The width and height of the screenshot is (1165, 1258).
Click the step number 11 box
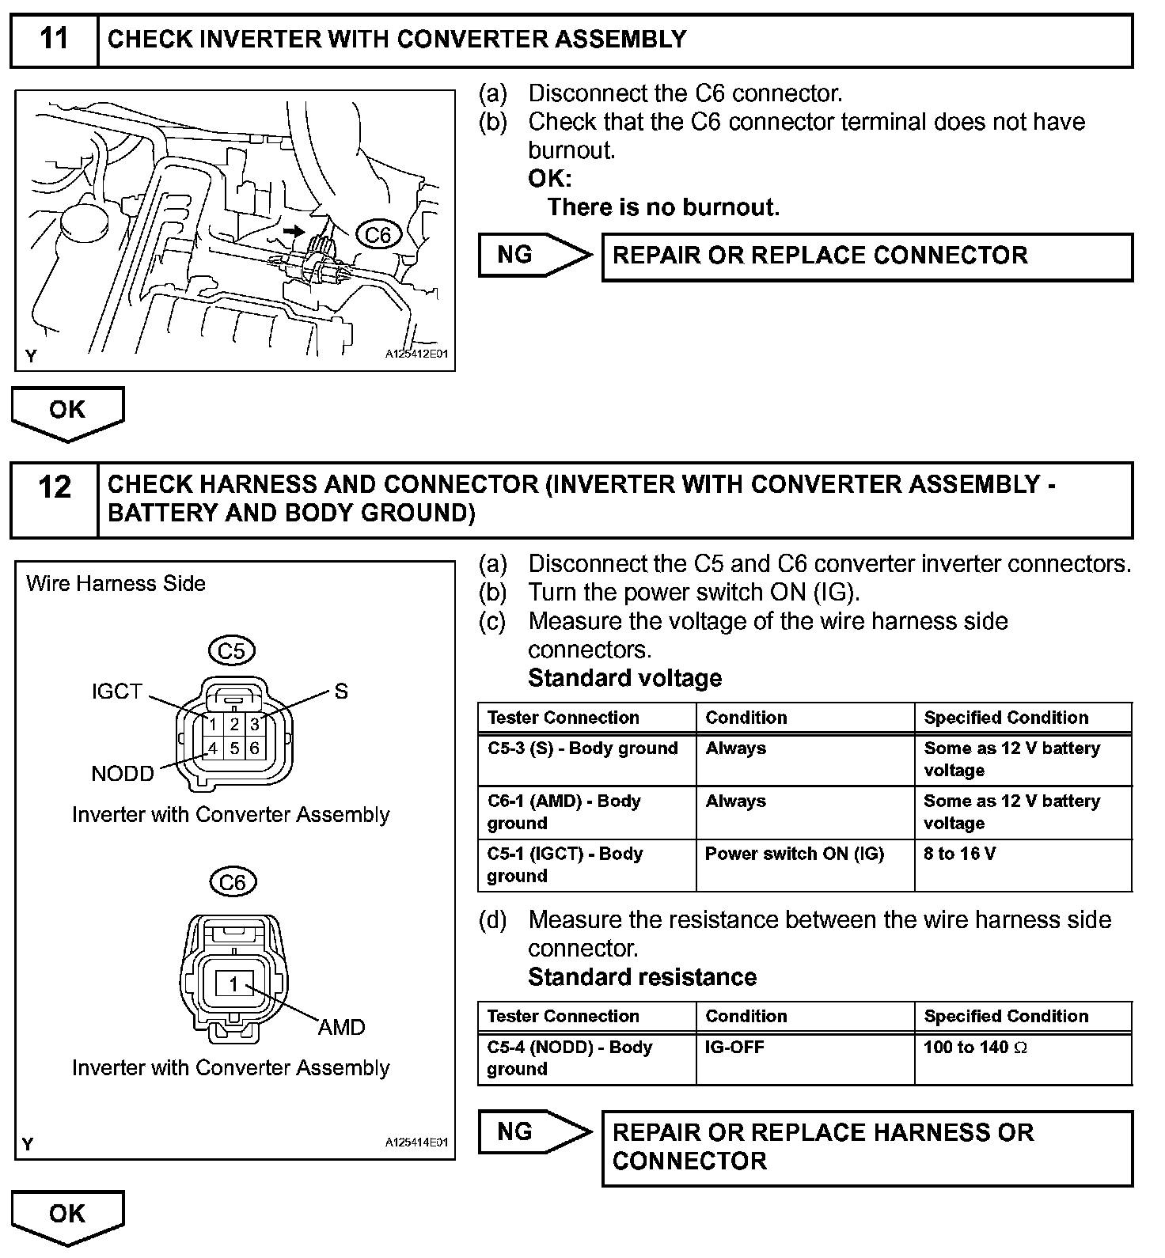[54, 40]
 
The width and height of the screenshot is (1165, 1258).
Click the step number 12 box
[54, 499]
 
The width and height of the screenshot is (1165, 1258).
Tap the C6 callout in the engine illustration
[378, 235]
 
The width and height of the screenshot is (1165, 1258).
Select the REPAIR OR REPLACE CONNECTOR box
[867, 256]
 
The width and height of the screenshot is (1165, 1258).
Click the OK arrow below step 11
[67, 412]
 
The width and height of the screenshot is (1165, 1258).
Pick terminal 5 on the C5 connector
[234, 748]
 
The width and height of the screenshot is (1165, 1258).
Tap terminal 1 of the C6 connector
[233, 984]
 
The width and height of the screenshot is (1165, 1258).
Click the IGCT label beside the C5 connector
[116, 692]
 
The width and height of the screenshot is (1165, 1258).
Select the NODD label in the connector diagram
[123, 774]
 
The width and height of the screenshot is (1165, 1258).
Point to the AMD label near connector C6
[341, 1027]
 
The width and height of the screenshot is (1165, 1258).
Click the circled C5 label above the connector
[231, 651]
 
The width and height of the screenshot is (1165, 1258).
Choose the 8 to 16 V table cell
[959, 854]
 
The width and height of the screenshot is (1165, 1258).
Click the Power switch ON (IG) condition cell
[794, 854]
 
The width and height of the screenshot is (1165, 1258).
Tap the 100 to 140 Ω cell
[975, 1048]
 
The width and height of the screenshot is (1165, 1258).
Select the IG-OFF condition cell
[734, 1048]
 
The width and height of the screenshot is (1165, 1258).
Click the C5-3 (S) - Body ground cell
[582, 748]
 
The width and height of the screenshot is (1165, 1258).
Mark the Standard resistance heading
[642, 977]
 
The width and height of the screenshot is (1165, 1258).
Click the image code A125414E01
[416, 1142]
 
